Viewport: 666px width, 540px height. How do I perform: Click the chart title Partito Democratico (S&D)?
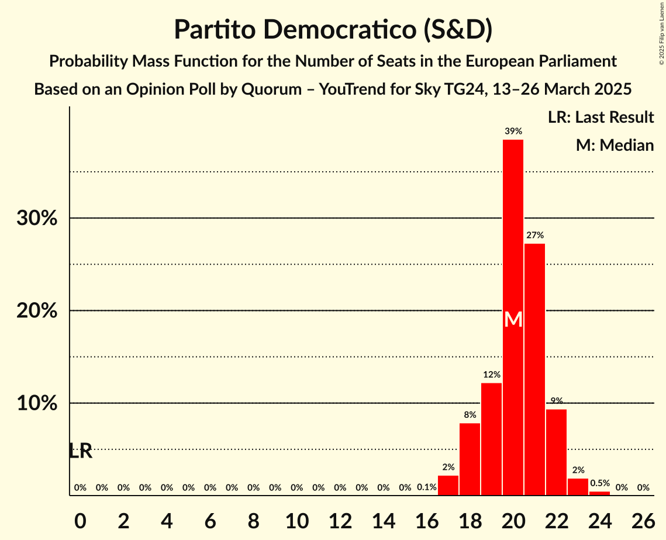[333, 30]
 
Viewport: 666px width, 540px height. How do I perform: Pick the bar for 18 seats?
[470, 459]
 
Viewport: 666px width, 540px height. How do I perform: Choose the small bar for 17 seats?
[448, 486]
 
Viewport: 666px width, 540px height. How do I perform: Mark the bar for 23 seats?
[578, 487]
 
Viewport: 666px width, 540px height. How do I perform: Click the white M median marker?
[513, 319]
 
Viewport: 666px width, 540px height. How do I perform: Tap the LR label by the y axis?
[80, 451]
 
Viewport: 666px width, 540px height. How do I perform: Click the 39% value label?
[513, 131]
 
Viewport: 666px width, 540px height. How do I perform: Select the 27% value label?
[534, 235]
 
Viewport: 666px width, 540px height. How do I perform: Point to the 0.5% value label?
[599, 483]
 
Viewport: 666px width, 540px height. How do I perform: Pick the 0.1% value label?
[427, 487]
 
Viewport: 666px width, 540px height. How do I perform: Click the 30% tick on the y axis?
[37, 218]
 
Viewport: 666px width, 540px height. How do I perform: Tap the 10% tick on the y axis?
[37, 403]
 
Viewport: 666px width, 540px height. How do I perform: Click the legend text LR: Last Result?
[601, 117]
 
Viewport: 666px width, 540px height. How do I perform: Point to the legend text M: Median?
[615, 145]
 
